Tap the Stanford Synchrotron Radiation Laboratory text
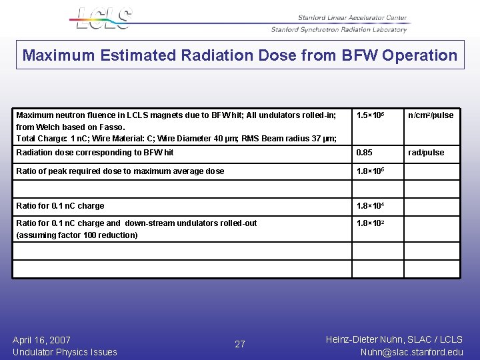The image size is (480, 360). pos(339,29)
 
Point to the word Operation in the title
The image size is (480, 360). pos(420,55)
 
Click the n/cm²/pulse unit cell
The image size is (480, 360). pos(431,115)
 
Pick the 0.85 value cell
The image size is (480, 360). pos(365,153)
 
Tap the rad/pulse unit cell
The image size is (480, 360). pos(426,153)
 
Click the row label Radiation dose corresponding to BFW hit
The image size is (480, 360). pos(95,153)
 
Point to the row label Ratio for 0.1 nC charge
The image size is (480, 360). pos(60,206)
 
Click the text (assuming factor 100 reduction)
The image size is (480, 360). pos(77,235)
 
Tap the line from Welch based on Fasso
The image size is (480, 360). pos(71,127)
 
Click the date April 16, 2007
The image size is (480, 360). pos(41,340)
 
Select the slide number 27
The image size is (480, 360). pos(240,345)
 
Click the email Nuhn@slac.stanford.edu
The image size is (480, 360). pos(411,352)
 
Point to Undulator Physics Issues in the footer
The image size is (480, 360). pos(65,352)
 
